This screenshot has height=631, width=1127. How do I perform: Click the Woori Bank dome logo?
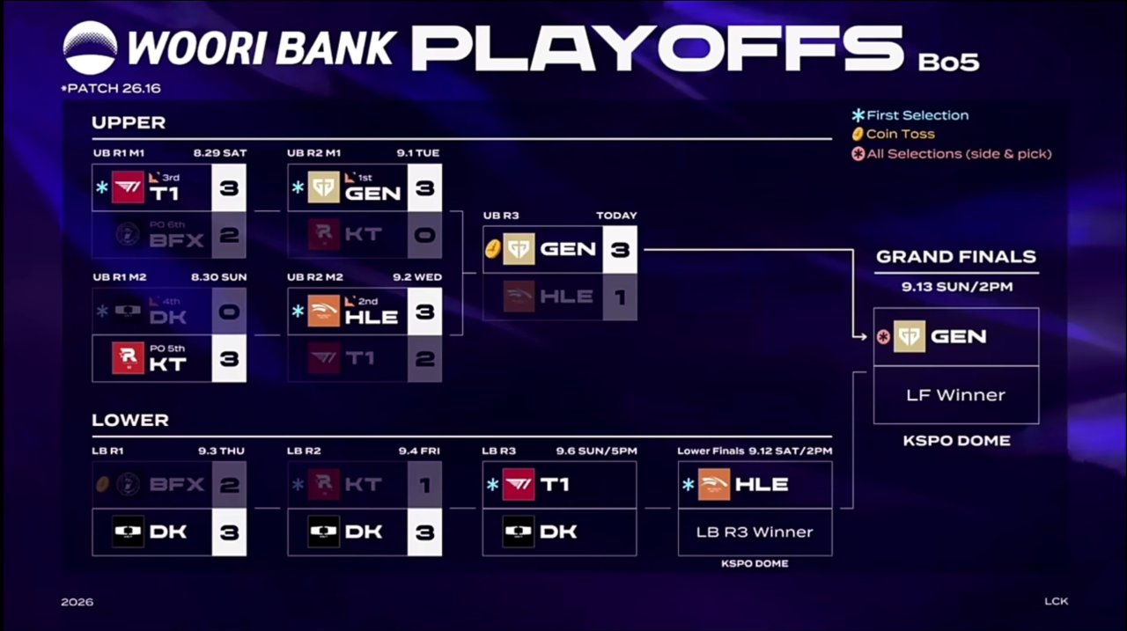pyautogui.click(x=90, y=48)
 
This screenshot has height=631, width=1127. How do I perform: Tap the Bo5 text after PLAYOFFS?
pyautogui.click(x=948, y=62)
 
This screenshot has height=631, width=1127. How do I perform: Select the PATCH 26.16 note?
pyautogui.click(x=111, y=89)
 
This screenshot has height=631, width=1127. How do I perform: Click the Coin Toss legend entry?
pyautogui.click(x=894, y=135)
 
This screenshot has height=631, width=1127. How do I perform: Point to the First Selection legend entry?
pyautogui.click(x=910, y=115)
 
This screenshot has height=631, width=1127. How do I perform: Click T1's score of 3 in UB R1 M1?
pyautogui.click(x=229, y=188)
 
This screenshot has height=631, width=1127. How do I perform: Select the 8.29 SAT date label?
pyautogui.click(x=220, y=153)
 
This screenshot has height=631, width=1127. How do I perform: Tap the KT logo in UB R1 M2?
pyautogui.click(x=128, y=358)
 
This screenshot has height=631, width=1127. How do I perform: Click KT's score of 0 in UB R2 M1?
pyautogui.click(x=424, y=235)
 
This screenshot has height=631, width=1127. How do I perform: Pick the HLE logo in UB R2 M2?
pyautogui.click(x=323, y=312)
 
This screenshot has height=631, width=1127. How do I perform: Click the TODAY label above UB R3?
pyautogui.click(x=616, y=216)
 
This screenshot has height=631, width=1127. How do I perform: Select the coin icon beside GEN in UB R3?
pyautogui.click(x=492, y=249)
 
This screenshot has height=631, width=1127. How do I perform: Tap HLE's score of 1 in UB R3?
pyautogui.click(x=620, y=297)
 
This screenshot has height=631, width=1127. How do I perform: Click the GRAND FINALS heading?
pyautogui.click(x=956, y=257)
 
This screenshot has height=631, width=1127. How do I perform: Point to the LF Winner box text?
pyautogui.click(x=956, y=395)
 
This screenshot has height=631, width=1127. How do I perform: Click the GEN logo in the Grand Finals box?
pyautogui.click(x=910, y=336)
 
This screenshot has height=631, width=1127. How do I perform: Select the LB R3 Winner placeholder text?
pyautogui.click(x=755, y=532)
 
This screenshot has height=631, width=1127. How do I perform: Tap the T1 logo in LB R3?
pyautogui.click(x=519, y=485)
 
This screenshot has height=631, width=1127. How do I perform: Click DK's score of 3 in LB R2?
pyautogui.click(x=424, y=532)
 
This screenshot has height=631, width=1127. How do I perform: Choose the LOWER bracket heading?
pyautogui.click(x=130, y=421)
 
